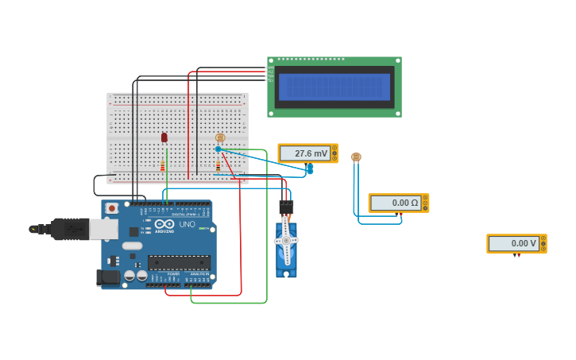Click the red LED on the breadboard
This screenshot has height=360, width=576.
tap(164, 137)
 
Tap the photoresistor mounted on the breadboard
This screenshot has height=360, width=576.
tap(220, 137)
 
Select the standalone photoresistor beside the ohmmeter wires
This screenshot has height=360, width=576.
tap(356, 157)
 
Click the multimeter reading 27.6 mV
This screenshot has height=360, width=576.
tap(307, 153)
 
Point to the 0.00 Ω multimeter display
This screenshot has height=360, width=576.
tap(398, 203)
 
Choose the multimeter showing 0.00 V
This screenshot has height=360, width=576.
tap(516, 243)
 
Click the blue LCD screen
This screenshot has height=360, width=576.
tap(334, 87)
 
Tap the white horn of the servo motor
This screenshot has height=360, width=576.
tap(286, 240)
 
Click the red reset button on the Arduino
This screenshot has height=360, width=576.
tap(112, 208)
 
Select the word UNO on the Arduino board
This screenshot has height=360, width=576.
tap(187, 224)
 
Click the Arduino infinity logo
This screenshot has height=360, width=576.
tap(164, 224)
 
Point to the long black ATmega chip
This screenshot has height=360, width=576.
tap(179, 262)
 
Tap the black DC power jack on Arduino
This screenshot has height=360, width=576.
tap(107, 277)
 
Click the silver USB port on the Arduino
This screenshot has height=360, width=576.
tap(104, 229)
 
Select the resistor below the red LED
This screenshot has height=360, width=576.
tap(163, 166)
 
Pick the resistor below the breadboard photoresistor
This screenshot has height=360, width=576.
tap(218, 166)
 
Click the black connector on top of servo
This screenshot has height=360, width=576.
tap(286, 207)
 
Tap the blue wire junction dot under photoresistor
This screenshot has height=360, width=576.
tap(218, 149)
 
